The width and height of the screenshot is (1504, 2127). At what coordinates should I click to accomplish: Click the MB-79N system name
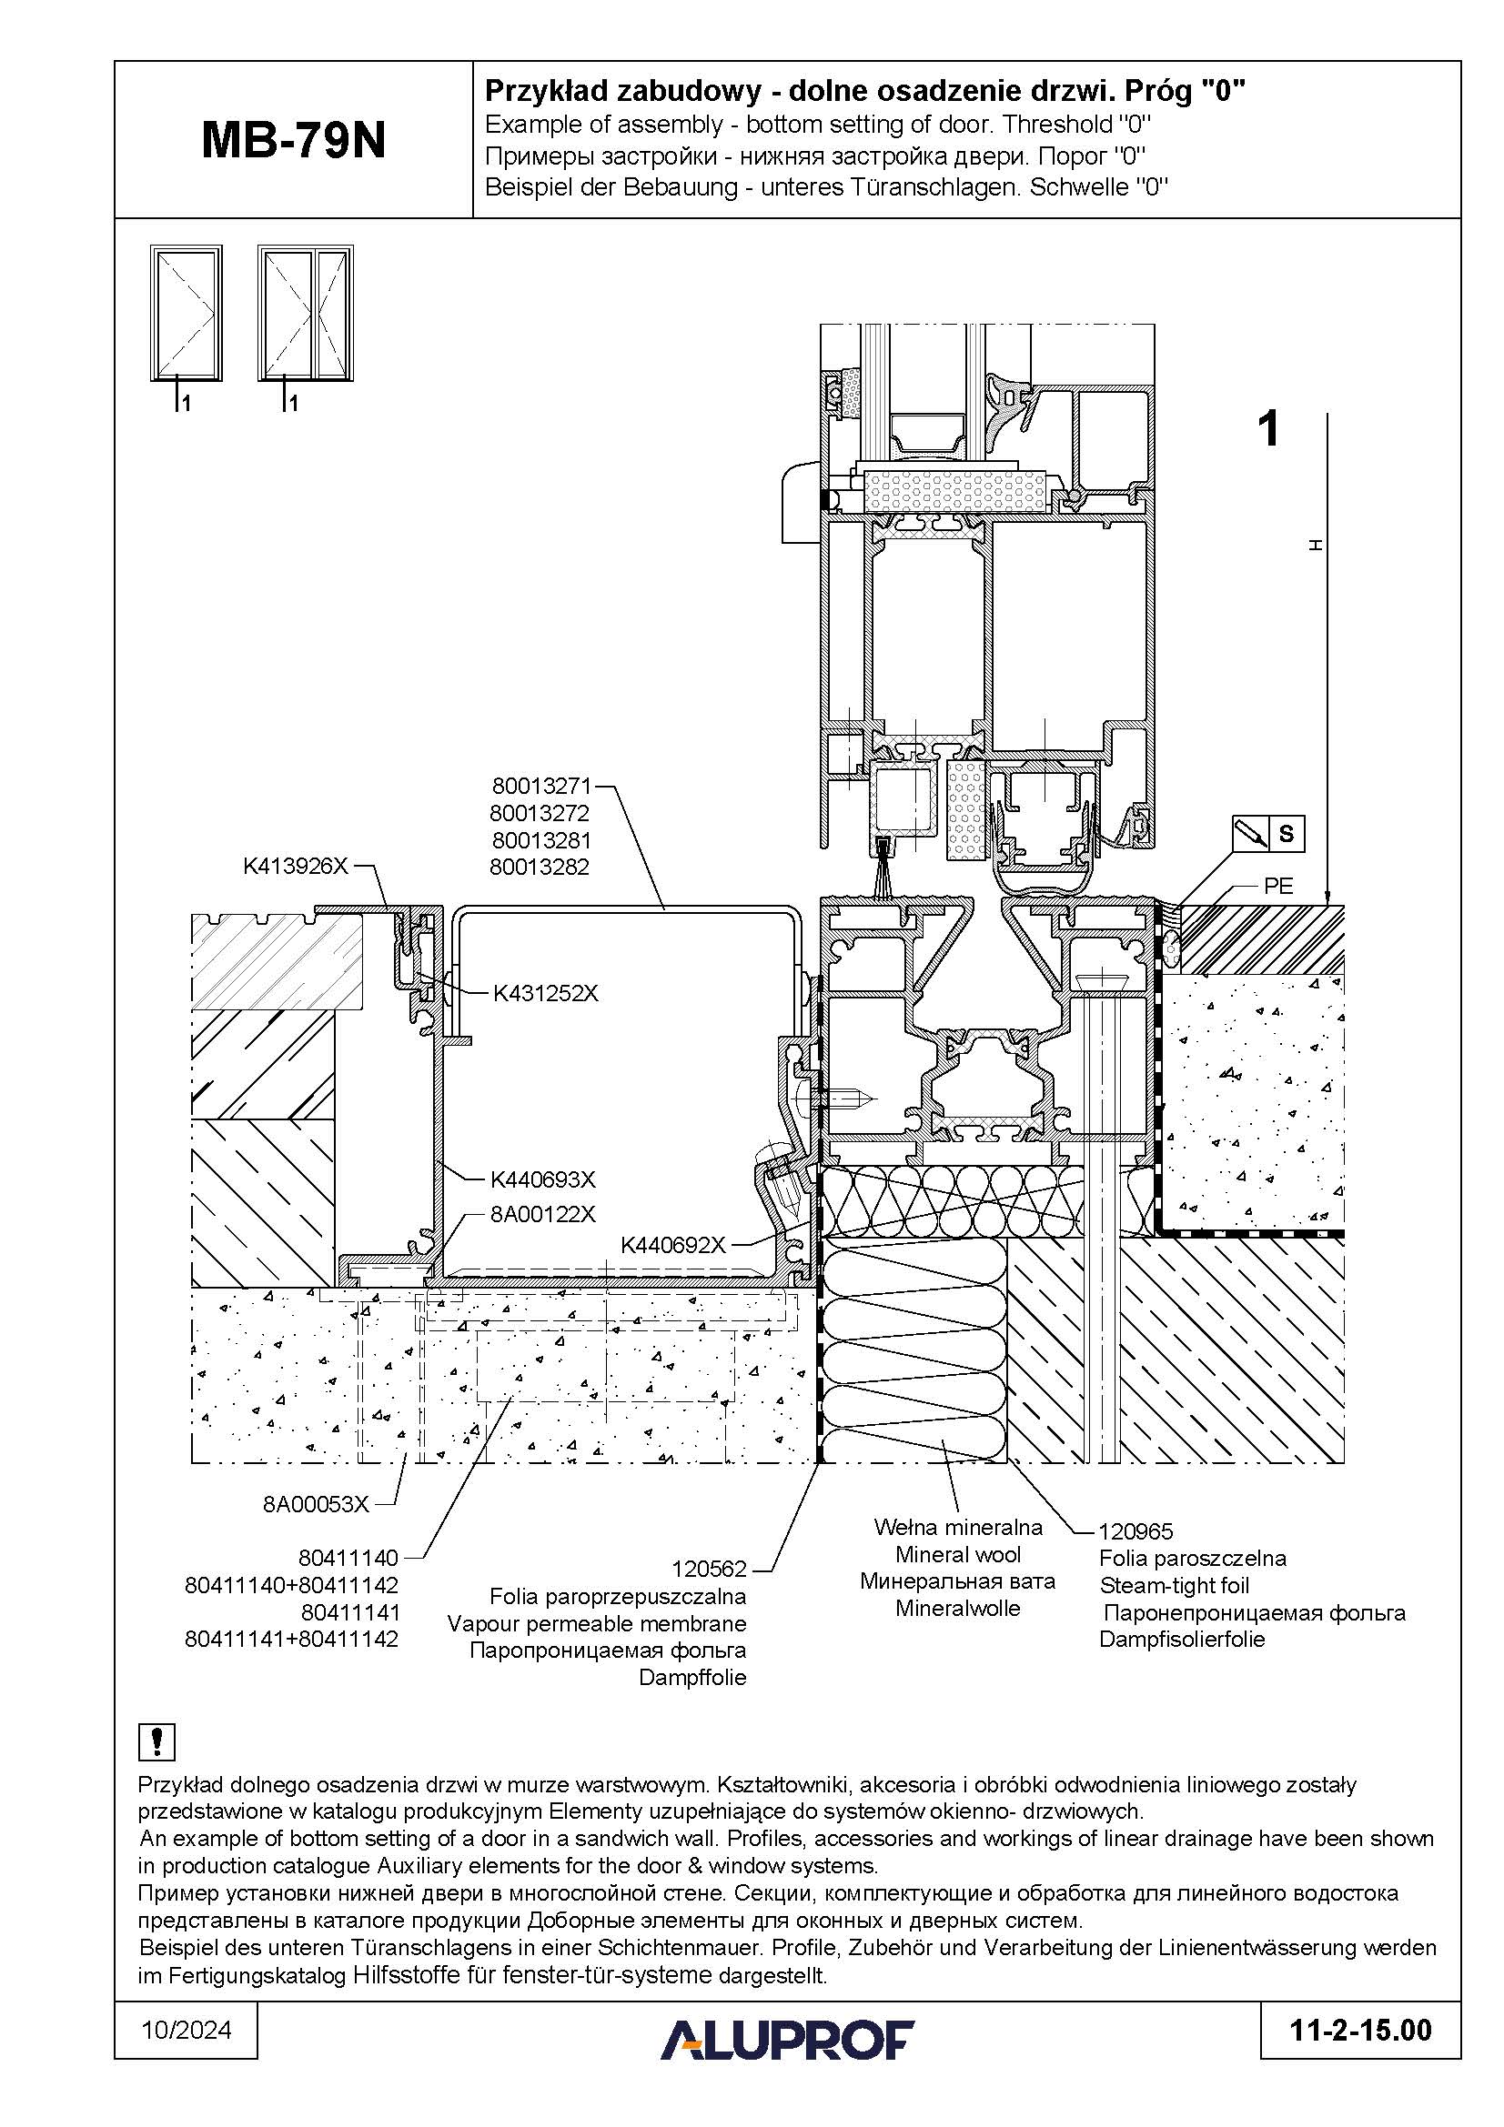293,142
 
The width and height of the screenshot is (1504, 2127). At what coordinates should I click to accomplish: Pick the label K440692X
672,1245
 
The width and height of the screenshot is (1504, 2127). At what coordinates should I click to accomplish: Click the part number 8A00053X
316,1503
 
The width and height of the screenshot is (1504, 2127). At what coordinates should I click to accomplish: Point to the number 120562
709,1569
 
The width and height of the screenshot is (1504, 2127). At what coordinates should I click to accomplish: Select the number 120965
1136,1531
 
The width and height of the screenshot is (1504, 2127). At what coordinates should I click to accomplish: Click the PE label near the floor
1279,885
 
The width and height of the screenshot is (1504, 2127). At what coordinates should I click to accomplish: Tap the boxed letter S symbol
1287,834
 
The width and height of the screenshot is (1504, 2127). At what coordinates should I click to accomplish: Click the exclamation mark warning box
156,1741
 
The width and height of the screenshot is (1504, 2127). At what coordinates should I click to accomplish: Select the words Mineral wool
958,1554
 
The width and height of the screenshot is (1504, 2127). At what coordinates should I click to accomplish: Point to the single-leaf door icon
187,313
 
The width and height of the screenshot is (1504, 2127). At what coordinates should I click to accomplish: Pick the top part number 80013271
541,787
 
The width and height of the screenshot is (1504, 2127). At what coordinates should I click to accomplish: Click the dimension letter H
1314,547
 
